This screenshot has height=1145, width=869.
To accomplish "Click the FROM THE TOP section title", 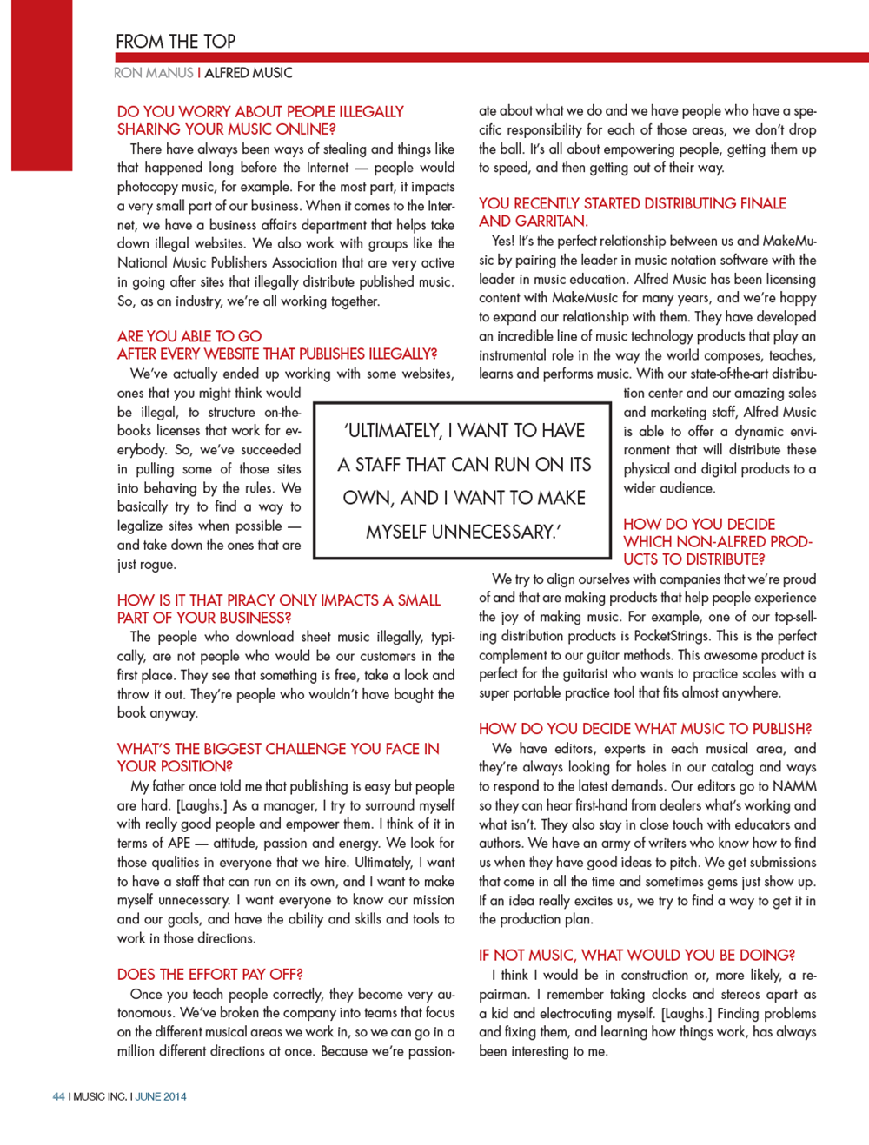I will [x=176, y=42].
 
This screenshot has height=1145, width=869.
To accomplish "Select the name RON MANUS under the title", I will [x=153, y=73].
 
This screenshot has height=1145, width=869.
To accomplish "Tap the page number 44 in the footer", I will [x=58, y=1096].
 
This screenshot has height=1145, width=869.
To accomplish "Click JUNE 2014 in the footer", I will [x=161, y=1096].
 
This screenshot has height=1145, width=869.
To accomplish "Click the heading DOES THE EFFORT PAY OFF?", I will [x=210, y=975].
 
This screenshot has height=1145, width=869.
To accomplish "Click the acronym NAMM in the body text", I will [x=793, y=786].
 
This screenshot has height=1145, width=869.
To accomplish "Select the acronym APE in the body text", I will [x=179, y=844].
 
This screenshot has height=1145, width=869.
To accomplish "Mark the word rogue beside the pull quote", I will [x=157, y=565].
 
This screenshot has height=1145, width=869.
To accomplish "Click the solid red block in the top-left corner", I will [x=42, y=84].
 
